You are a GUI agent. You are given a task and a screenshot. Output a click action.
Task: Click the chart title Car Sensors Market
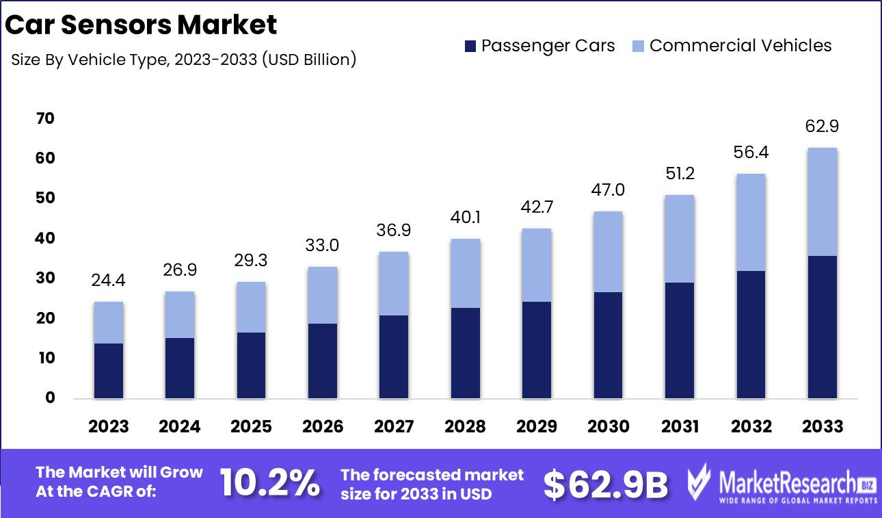click(141, 25)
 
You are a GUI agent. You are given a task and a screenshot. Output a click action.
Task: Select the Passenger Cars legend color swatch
click(470, 47)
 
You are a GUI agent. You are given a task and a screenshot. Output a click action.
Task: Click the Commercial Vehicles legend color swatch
click(638, 47)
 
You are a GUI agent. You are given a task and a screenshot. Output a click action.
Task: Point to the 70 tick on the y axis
click(45, 119)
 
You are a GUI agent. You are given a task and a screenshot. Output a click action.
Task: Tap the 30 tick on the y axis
click(45, 279)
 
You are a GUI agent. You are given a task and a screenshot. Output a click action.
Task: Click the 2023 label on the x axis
click(109, 427)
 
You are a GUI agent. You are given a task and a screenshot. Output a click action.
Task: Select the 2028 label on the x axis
click(465, 427)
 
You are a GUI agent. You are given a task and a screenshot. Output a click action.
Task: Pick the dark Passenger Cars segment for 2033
click(823, 327)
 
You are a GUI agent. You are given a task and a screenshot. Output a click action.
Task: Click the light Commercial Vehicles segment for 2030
click(608, 252)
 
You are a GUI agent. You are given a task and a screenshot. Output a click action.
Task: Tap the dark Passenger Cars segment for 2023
click(109, 371)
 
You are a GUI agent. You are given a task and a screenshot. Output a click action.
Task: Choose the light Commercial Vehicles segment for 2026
click(323, 295)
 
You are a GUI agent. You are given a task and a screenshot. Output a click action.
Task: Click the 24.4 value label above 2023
click(109, 281)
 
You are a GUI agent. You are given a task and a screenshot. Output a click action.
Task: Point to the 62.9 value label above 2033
click(823, 127)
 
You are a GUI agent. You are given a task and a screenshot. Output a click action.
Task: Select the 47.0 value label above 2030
click(608, 190)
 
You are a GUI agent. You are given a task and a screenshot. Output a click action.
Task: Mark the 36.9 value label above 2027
click(394, 231)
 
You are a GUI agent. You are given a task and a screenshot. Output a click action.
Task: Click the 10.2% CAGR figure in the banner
click(269, 484)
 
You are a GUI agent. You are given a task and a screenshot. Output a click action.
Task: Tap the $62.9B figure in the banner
click(606, 484)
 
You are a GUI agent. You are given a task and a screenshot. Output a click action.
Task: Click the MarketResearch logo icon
click(698, 483)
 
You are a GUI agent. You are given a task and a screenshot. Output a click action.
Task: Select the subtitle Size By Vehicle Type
click(184, 60)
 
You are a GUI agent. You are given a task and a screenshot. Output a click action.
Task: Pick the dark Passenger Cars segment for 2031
click(680, 340)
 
